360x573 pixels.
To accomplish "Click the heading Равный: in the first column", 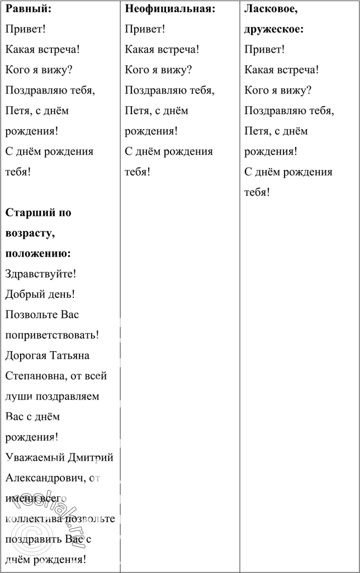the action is pyautogui.click(x=28, y=9).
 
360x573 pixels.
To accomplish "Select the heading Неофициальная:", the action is pyautogui.click(x=170, y=9).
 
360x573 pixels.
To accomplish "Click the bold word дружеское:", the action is pyautogui.click(x=274, y=29).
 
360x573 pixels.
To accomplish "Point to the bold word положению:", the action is pyautogui.click(x=38, y=253).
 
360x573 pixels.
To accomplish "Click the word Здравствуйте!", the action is pyautogui.click(x=40, y=274).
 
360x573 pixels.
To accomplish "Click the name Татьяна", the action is pyautogui.click(x=69, y=356).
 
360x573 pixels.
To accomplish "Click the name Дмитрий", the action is pyautogui.click(x=90, y=458).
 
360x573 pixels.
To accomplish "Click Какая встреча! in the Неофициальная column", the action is pyautogui.click(x=162, y=49).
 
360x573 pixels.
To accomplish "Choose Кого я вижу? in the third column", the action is pyautogui.click(x=278, y=90).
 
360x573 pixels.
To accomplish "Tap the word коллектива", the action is pyautogui.click(x=34, y=519).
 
